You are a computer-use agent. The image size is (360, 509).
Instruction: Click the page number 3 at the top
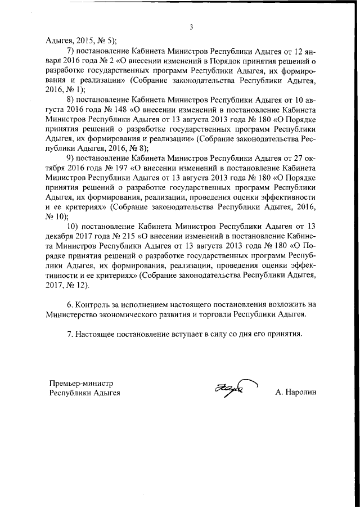(191, 27)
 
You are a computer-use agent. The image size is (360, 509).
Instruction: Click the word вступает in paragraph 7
(204, 334)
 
